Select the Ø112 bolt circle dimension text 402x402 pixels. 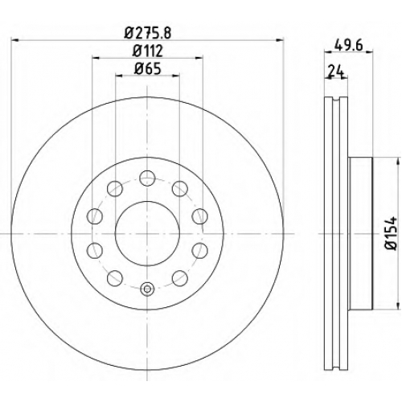148,51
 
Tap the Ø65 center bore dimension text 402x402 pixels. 148,69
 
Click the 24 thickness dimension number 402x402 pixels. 336,72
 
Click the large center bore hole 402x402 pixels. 147,234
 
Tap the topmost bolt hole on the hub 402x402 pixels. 147,178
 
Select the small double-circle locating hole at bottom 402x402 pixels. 147,289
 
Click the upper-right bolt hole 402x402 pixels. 180,189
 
